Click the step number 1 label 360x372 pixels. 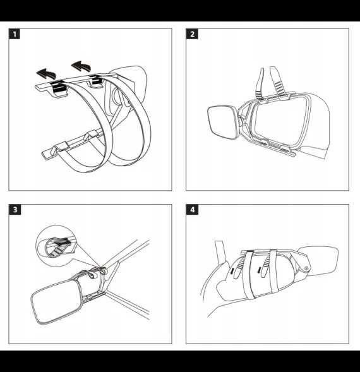[15, 34]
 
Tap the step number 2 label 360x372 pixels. [192, 34]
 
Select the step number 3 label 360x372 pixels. [15, 210]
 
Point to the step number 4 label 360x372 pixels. [192, 210]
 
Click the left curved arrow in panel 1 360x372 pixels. [47, 73]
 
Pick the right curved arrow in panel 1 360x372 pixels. [81, 66]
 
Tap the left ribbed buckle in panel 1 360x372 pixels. [57, 87]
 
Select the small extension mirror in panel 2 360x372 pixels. [222, 123]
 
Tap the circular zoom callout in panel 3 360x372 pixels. [56, 246]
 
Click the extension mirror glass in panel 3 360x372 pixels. [56, 301]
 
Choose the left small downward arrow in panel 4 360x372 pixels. [233, 270]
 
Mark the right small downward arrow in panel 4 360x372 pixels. [260, 270]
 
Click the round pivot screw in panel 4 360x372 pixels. [306, 268]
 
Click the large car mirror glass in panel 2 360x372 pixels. [282, 122]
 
